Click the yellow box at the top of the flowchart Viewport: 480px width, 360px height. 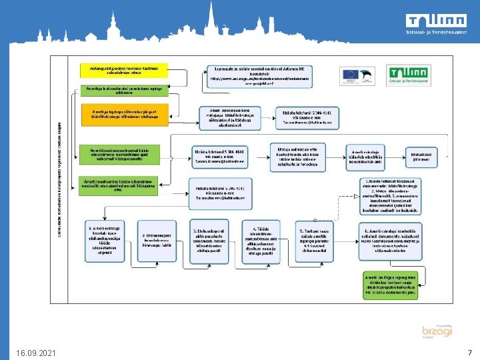[x=124, y=70]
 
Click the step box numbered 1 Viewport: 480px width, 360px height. [x=104, y=240]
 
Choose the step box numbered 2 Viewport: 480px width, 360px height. [x=157, y=241]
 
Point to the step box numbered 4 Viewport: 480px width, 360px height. [x=261, y=241]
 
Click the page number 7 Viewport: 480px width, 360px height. [x=469, y=352]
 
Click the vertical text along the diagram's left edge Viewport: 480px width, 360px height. [x=58, y=180]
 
